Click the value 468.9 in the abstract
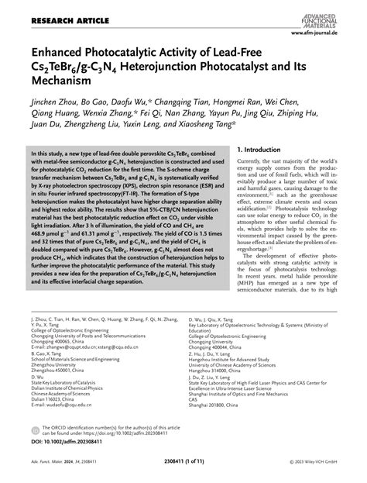pyautogui.click(x=41, y=272)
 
